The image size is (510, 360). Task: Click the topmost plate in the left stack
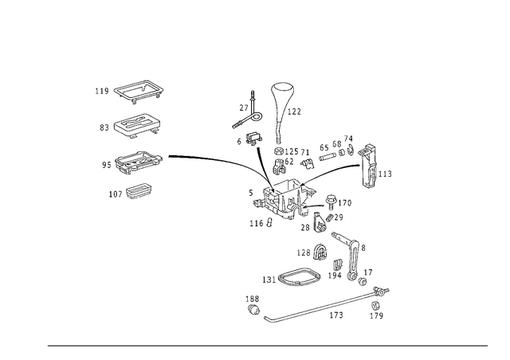click(x=140, y=92)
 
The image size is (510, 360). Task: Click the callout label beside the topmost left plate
click(x=100, y=91)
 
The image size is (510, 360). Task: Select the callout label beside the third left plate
click(x=104, y=164)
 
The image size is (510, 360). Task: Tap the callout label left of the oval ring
click(x=265, y=278)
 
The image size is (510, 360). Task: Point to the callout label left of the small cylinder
click(x=303, y=252)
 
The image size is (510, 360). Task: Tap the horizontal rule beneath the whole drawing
click(x=267, y=346)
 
